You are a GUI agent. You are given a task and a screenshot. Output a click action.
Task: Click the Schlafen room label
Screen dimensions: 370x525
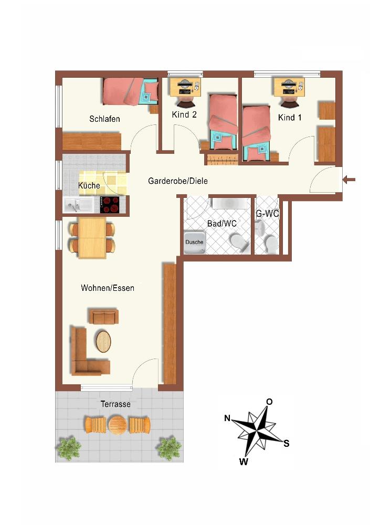(104, 119)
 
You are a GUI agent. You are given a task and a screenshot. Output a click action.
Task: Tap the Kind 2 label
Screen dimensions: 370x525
(184, 114)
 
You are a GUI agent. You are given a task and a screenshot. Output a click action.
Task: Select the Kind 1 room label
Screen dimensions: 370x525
(290, 118)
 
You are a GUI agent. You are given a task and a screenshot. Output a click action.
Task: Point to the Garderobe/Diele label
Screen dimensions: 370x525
(178, 181)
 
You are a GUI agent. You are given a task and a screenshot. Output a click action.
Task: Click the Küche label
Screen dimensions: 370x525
(89, 185)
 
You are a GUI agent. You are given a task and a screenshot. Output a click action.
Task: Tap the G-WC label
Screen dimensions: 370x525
(267, 213)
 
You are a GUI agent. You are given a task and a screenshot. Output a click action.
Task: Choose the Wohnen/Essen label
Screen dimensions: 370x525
(108, 288)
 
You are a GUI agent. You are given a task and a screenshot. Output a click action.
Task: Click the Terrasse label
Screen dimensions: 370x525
(115, 404)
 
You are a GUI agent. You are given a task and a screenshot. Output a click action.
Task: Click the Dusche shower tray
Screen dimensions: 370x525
(194, 242)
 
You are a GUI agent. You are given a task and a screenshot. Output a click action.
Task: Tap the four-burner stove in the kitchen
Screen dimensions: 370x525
(110, 205)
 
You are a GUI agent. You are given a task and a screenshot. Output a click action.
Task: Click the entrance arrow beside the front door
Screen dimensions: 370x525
(349, 180)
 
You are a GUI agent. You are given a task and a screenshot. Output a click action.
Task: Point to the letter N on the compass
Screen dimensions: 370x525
(227, 418)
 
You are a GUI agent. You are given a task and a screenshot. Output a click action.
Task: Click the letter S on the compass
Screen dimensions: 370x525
(286, 444)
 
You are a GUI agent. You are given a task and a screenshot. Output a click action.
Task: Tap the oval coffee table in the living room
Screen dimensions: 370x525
(103, 341)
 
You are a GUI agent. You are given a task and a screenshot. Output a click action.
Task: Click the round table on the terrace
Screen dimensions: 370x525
(118, 425)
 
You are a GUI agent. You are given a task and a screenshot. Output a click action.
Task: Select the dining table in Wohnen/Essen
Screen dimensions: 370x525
(92, 237)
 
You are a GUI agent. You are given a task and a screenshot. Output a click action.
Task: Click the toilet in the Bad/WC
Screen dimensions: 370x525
(239, 243)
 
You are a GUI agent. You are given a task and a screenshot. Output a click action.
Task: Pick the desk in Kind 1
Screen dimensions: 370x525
(289, 87)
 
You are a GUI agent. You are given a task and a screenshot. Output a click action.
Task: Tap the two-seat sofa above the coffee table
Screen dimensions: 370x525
(103, 317)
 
